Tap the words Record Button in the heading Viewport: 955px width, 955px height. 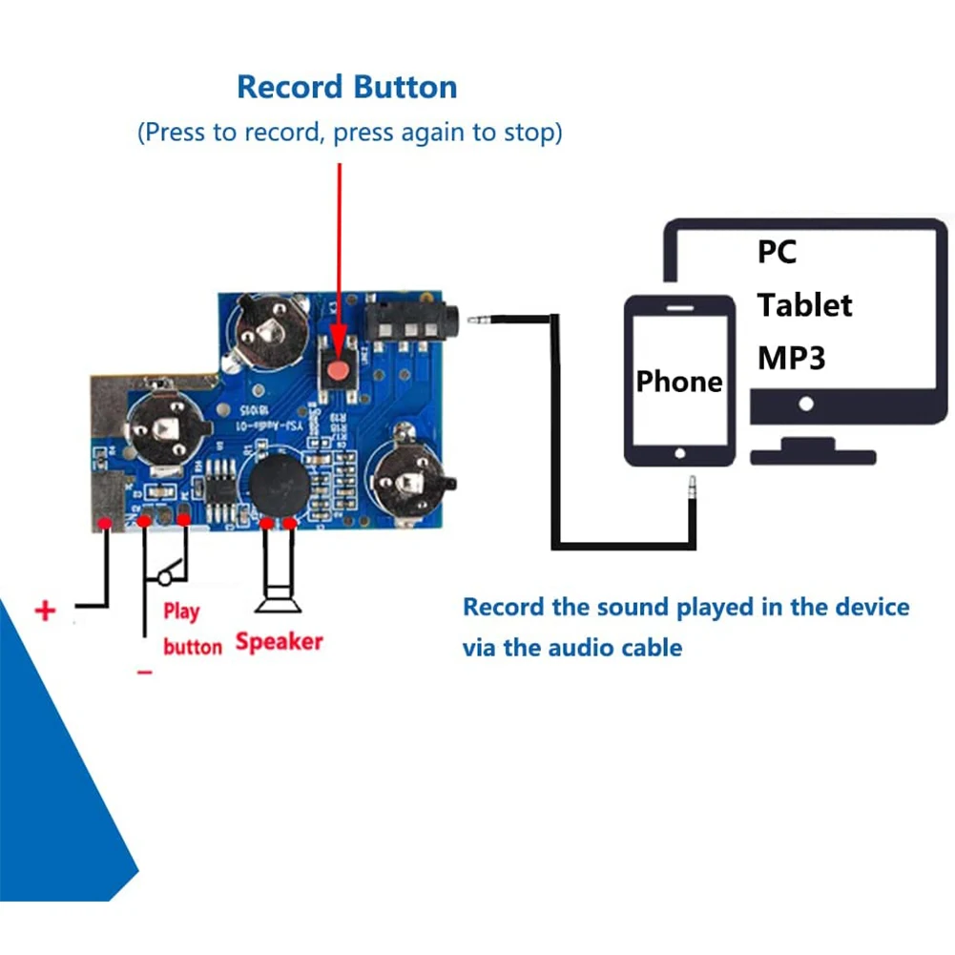tap(346, 87)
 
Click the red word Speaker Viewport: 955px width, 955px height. tap(280, 642)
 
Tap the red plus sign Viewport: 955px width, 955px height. tap(45, 611)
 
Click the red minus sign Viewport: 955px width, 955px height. tap(144, 672)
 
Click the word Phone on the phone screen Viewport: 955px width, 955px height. tap(679, 382)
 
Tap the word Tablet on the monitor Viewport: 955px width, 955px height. tap(804, 305)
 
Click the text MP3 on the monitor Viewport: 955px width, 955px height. tap(792, 358)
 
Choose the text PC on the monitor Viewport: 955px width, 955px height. tap(777, 252)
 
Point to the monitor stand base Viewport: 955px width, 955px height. tap(812, 457)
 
